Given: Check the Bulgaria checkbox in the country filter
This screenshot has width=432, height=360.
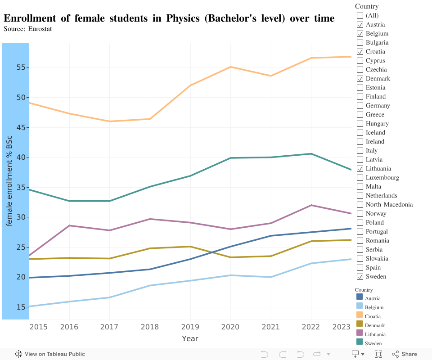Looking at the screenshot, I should coord(360,43).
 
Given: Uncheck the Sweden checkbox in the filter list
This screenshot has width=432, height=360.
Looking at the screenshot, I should coord(360,277).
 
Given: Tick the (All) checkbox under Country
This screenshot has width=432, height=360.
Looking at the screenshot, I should coord(360,16).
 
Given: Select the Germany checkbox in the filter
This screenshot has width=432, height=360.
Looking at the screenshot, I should coord(360,106).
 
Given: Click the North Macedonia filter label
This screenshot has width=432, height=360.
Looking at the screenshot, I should coord(389,205).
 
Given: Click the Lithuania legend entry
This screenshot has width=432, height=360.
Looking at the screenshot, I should coord(375,334).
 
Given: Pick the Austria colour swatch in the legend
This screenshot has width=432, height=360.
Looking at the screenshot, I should coord(360,297).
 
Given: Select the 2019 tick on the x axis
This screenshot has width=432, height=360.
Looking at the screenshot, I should coord(190,327).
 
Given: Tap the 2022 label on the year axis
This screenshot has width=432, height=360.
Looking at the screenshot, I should coord(311,327).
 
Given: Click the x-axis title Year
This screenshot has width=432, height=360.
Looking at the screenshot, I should coord(190,338).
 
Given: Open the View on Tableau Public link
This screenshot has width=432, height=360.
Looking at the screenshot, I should coord(50,354).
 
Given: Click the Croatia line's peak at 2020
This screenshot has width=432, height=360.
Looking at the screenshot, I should coord(230,67).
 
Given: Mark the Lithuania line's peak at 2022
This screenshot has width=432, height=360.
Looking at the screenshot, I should coord(311,205).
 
